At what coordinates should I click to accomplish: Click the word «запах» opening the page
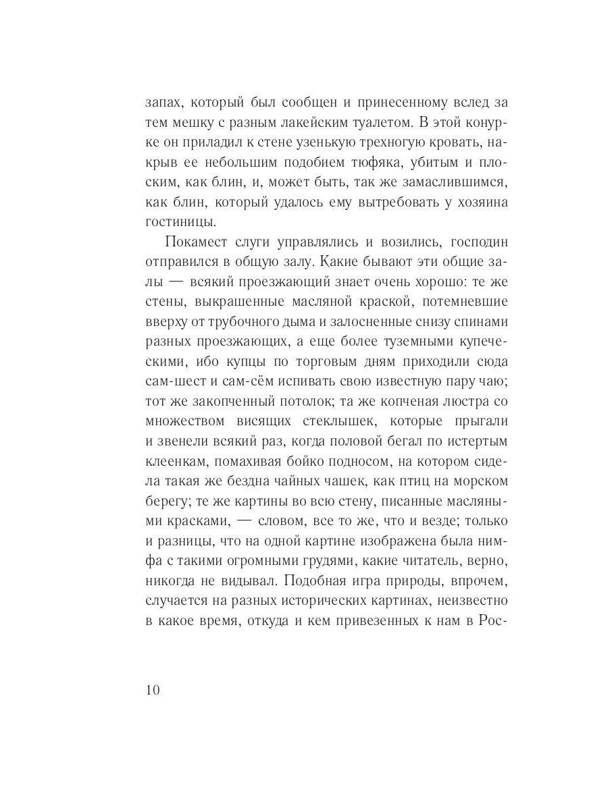163,103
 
